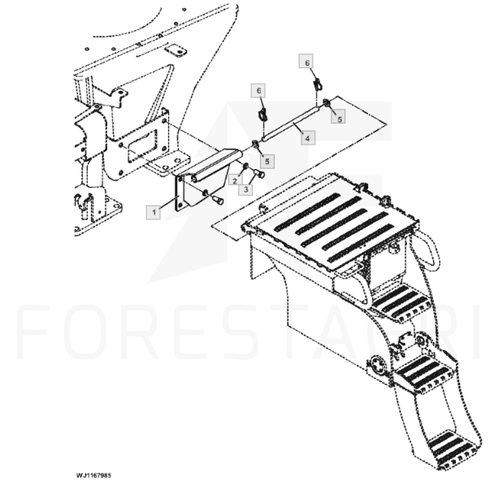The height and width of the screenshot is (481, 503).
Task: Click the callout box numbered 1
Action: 154,212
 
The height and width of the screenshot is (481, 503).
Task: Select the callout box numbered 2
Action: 235,181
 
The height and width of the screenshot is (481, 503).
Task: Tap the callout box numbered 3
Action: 245,189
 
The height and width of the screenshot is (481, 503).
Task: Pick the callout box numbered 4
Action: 308,138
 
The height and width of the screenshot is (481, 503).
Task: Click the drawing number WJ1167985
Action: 93,475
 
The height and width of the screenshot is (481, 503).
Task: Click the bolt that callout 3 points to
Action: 259,174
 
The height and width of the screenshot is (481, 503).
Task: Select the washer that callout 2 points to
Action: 245,167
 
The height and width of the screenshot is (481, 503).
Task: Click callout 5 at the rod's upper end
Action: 339,118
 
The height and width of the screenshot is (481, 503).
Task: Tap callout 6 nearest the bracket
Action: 259,91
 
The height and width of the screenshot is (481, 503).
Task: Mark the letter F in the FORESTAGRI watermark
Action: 34,331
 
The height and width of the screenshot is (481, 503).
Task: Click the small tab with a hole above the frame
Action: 176,50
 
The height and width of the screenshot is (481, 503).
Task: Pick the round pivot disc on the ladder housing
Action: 379,366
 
